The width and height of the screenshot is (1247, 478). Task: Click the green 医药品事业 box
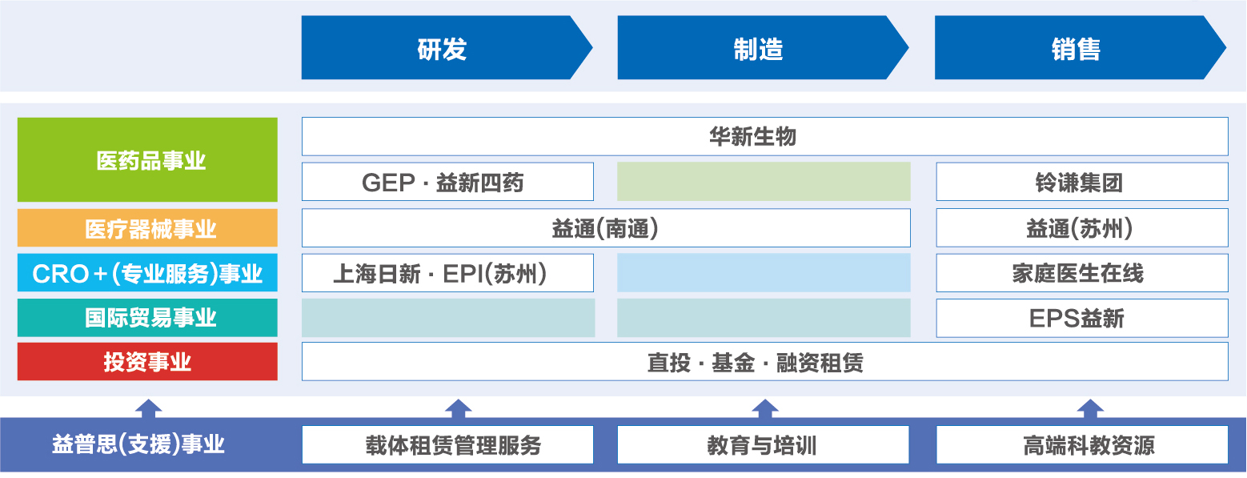click(x=147, y=159)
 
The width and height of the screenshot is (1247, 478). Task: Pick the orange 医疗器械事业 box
click(x=147, y=228)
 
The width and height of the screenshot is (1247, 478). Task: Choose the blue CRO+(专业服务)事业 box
click(x=147, y=272)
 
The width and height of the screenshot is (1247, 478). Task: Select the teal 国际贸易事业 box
click(x=147, y=318)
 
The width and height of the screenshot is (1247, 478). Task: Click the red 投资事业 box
click(x=147, y=362)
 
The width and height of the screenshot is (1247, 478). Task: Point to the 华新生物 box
click(x=765, y=136)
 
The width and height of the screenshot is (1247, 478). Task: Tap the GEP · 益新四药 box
click(x=447, y=182)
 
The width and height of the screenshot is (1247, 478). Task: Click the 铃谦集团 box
click(x=1082, y=182)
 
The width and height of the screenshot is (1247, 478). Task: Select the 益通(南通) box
click(x=606, y=228)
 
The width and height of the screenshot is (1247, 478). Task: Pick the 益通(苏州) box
click(x=1082, y=228)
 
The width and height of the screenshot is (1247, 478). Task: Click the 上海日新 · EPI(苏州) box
click(x=447, y=273)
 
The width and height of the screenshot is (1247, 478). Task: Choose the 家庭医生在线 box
click(x=1082, y=273)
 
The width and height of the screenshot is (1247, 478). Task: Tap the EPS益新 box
click(x=1082, y=318)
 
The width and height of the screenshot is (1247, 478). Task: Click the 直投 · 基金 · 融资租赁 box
click(x=765, y=362)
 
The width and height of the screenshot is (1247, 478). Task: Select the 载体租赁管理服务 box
click(x=447, y=444)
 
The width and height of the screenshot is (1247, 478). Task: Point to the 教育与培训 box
click(x=764, y=444)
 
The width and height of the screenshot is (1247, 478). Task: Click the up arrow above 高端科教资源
click(x=1091, y=408)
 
